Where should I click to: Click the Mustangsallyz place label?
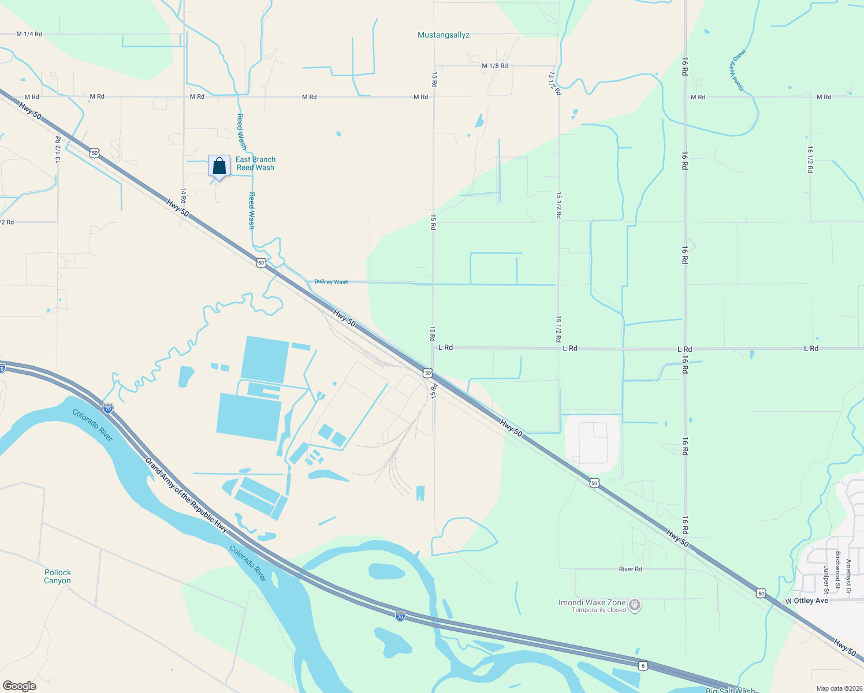pyautogui.click(x=443, y=35)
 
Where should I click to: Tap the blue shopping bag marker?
pyautogui.click(x=219, y=166)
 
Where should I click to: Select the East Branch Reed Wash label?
pyautogui.click(x=255, y=163)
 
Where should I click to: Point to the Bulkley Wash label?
pyautogui.click(x=332, y=282)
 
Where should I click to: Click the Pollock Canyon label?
pyautogui.click(x=58, y=576)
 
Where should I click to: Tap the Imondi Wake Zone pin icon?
pyautogui.click(x=635, y=605)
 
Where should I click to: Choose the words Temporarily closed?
pyautogui.click(x=599, y=610)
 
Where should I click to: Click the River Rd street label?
pyautogui.click(x=630, y=569)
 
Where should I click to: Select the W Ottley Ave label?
pyautogui.click(x=806, y=601)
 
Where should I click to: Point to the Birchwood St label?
pyautogui.click(x=837, y=567)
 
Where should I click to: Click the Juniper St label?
pyautogui.click(x=826, y=579)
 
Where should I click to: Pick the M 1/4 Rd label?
pyautogui.click(x=29, y=34)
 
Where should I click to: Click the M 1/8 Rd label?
pyautogui.click(x=494, y=66)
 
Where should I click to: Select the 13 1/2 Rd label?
pyautogui.click(x=58, y=150)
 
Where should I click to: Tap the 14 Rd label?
pyautogui.click(x=184, y=195)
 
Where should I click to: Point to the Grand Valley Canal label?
pyautogui.click(x=737, y=70)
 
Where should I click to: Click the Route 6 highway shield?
pyautogui.click(x=643, y=666)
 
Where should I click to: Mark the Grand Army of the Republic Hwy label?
pyautogui.click(x=187, y=494)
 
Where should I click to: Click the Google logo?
pyautogui.click(x=20, y=686)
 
